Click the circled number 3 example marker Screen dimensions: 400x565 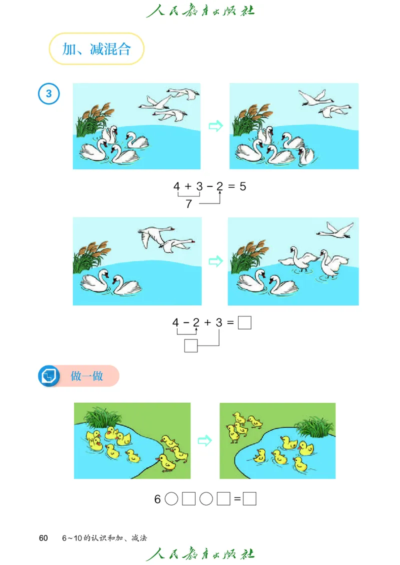[48, 93]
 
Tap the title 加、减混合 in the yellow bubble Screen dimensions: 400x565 [96, 49]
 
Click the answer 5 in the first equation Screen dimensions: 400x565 [243, 186]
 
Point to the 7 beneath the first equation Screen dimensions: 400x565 [189, 204]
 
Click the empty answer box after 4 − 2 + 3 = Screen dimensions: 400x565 [244, 322]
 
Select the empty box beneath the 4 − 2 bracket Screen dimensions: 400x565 [191, 345]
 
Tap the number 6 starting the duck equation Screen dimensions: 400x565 [157, 499]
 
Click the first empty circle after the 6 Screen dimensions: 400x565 [171, 499]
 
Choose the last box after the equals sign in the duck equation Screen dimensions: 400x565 [249, 499]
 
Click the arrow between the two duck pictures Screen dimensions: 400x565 [204, 440]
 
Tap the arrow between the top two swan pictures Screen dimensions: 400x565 [216, 126]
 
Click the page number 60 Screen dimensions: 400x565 [43, 538]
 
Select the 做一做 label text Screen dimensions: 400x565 [87, 376]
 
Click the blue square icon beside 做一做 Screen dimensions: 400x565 [49, 376]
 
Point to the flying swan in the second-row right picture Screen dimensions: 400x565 [335, 230]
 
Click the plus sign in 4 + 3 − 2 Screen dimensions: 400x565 [187, 186]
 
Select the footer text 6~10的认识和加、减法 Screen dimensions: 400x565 [104, 538]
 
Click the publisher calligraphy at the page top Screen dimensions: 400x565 [200, 10]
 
